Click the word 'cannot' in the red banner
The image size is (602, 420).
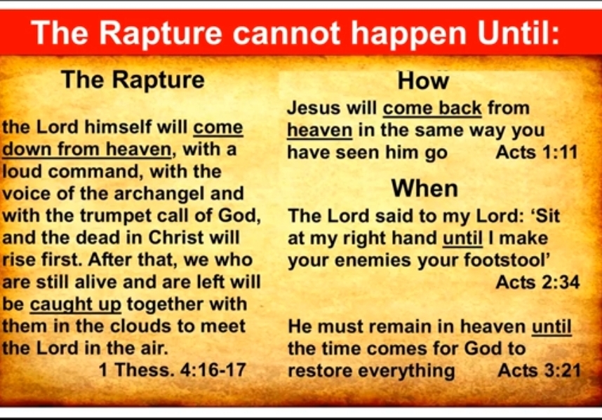click(286, 33)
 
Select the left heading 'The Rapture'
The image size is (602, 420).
click(133, 80)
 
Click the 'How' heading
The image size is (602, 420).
click(423, 81)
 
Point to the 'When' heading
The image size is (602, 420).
click(424, 189)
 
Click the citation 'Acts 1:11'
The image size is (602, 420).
click(536, 152)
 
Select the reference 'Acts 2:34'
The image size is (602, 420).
click(537, 283)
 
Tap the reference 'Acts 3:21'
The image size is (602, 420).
click(539, 370)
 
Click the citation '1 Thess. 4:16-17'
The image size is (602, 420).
click(173, 370)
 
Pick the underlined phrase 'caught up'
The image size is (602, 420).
click(76, 305)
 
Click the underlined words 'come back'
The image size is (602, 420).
click(432, 108)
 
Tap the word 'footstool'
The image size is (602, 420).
click(505, 259)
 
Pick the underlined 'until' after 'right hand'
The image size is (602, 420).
click(462, 238)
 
